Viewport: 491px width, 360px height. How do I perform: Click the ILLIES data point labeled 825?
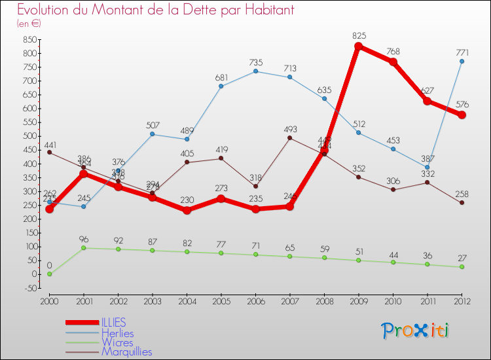tap(359, 46)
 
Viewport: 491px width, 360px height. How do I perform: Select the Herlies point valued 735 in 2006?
tap(255, 71)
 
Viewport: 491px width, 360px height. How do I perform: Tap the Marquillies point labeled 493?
tap(290, 138)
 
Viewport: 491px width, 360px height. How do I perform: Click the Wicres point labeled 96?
tap(84, 248)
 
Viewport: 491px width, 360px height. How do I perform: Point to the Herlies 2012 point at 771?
tap(462, 62)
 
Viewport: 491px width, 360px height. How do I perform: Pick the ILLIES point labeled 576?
tap(462, 115)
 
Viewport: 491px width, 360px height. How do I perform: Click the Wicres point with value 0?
tap(49, 274)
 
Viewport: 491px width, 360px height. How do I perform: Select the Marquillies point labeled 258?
tap(462, 203)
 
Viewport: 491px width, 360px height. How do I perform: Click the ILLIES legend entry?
tap(114, 323)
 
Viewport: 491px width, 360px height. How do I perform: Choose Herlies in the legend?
tap(117, 333)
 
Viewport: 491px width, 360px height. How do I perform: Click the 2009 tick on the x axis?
tap(359, 300)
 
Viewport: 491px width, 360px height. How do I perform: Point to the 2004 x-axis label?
tap(187, 300)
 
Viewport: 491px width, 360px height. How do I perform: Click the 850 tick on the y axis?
tap(29, 39)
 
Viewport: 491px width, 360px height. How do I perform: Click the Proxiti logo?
tap(416, 331)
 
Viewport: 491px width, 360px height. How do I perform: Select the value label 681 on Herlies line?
tap(221, 78)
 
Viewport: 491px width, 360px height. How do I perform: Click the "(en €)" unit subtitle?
tap(29, 24)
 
